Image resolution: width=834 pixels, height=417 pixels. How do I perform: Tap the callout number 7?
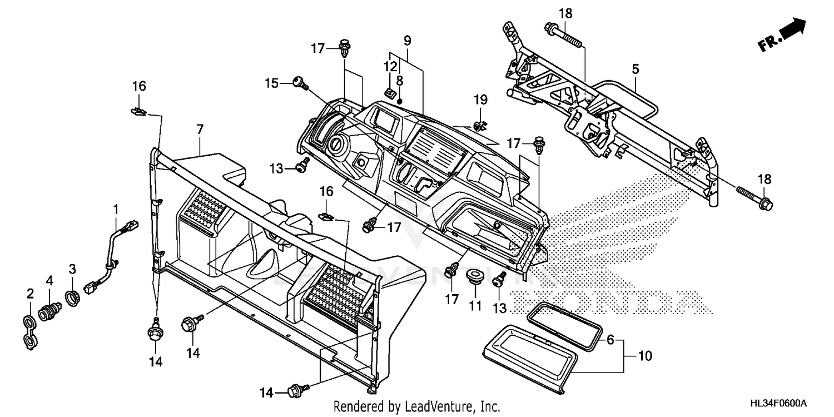(x=200, y=129)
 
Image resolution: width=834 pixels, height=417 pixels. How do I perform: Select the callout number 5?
(x=635, y=69)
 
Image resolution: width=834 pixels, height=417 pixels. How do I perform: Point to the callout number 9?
(x=407, y=40)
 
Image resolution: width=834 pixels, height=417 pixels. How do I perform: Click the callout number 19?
(x=480, y=100)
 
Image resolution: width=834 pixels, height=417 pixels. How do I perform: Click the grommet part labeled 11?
(x=474, y=276)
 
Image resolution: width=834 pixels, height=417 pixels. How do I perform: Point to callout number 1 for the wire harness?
(x=116, y=210)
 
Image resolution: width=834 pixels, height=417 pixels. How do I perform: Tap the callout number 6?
(x=610, y=339)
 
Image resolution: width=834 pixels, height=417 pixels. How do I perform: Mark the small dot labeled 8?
(x=400, y=101)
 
